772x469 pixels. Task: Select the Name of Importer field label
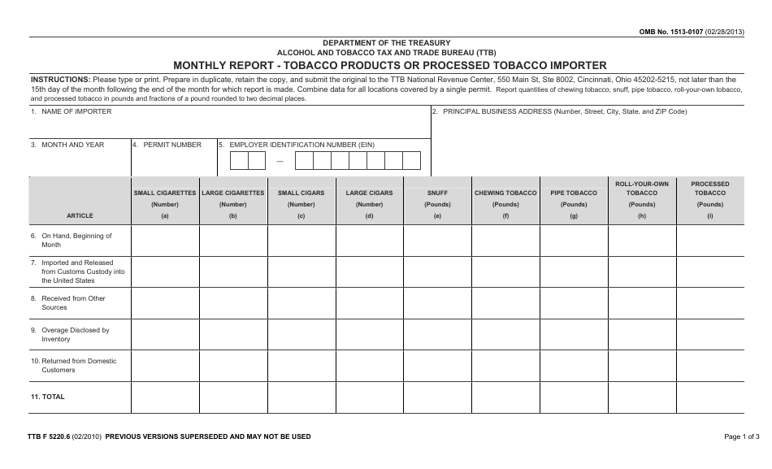(x=72, y=111)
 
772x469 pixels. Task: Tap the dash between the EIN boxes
(x=280, y=161)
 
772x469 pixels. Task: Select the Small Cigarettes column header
(x=165, y=193)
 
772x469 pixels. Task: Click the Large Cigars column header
(x=369, y=193)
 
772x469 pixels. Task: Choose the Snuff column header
(x=437, y=193)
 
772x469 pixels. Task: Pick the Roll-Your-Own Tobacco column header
(x=642, y=189)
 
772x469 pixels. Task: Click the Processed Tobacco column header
(x=710, y=189)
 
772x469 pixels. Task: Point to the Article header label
(x=80, y=215)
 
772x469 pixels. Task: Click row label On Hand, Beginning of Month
(x=76, y=240)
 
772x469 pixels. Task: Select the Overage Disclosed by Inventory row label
(x=75, y=335)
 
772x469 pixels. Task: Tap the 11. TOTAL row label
(x=48, y=397)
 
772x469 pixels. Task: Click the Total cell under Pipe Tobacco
(x=574, y=397)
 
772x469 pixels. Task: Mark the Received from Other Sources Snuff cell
(x=437, y=303)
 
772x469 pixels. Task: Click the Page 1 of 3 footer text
(x=741, y=436)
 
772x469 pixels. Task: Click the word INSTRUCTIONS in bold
(x=60, y=80)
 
